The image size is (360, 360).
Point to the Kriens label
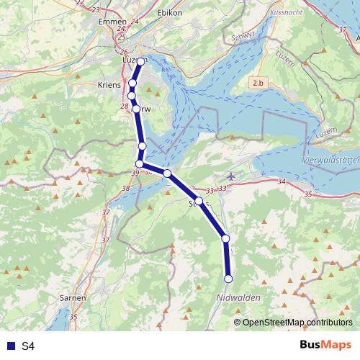109,84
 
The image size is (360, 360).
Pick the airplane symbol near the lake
230,176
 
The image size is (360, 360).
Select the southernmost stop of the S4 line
229,279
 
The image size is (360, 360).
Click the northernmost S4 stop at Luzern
141,62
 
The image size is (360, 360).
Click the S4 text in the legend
28,346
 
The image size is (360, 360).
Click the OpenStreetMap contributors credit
297,322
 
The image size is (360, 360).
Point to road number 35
308,194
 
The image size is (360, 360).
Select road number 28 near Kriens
125,107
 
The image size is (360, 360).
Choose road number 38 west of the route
126,188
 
